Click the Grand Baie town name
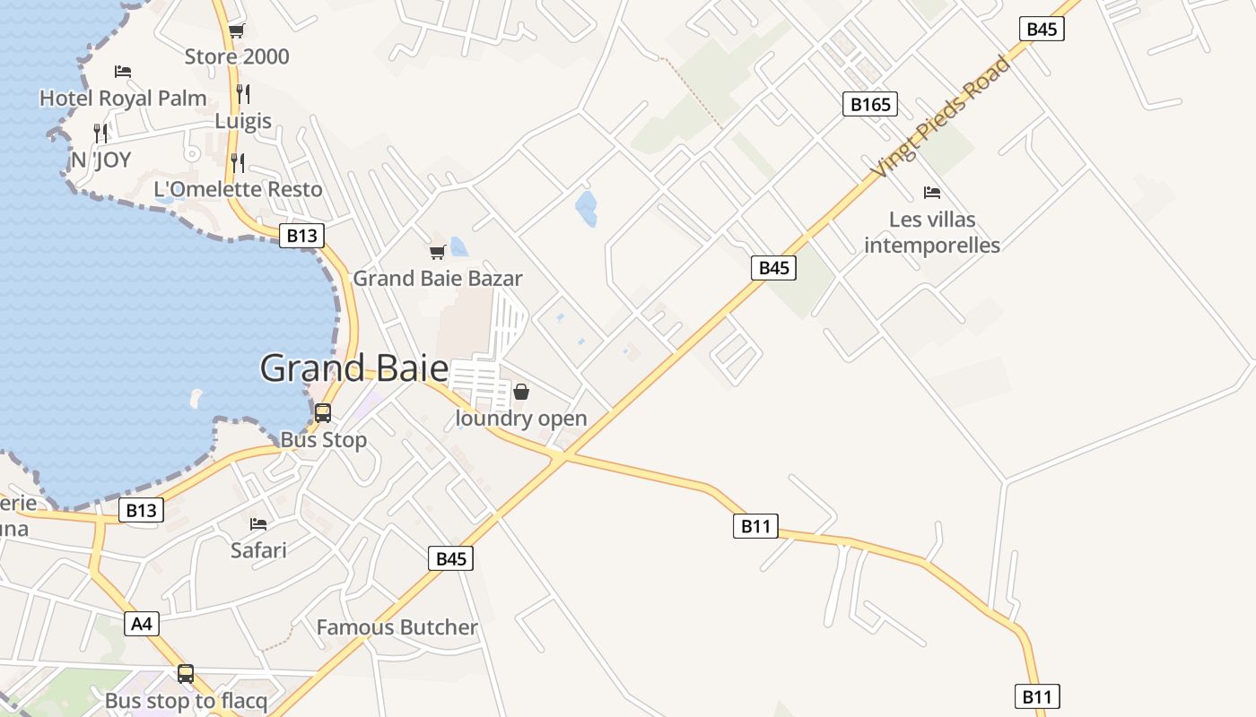(x=354, y=368)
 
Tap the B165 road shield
(x=870, y=105)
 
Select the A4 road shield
(x=142, y=624)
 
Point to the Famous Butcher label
(x=397, y=627)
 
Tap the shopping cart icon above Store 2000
(x=237, y=31)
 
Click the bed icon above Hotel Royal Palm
(x=123, y=72)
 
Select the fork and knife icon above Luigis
(x=242, y=93)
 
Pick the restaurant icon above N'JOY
(x=101, y=134)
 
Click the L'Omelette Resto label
(x=238, y=189)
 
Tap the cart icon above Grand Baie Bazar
(x=437, y=252)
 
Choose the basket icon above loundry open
(x=521, y=392)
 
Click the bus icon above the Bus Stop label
(x=323, y=413)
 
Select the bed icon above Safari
(x=258, y=523)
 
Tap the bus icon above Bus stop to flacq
(x=186, y=673)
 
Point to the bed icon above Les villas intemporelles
(x=932, y=193)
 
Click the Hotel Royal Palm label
(x=123, y=98)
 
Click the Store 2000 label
(x=237, y=56)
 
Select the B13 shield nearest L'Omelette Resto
(x=301, y=236)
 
